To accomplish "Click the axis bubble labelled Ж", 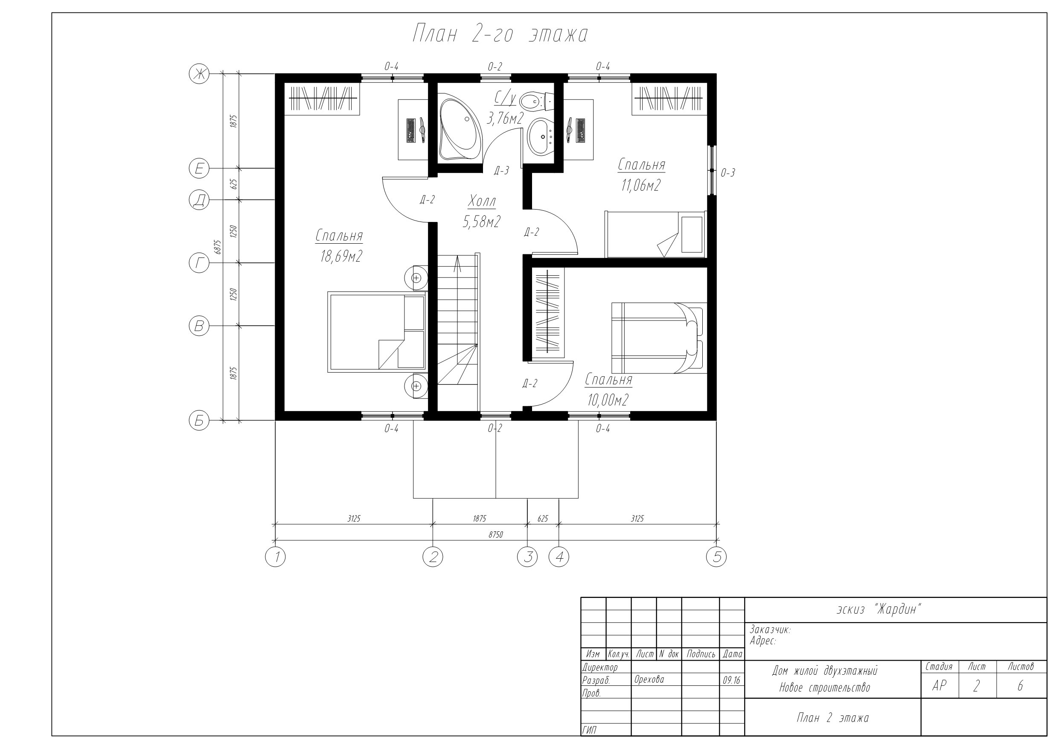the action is coord(199,74).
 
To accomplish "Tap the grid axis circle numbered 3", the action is coord(527,557).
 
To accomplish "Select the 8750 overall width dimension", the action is coord(496,535).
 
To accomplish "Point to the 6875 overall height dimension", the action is coord(218,247).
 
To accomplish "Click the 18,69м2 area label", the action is coord(341,256).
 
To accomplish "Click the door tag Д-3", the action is coord(501,171).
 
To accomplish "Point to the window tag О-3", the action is coord(728,173).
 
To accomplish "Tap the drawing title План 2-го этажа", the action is coord(500,35).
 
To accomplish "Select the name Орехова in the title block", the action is coord(649,679).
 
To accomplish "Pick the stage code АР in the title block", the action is coord(939,686).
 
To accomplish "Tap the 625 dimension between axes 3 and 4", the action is coord(543,519).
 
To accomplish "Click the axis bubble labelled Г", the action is coord(199,263).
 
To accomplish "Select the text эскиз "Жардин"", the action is coord(879,609).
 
